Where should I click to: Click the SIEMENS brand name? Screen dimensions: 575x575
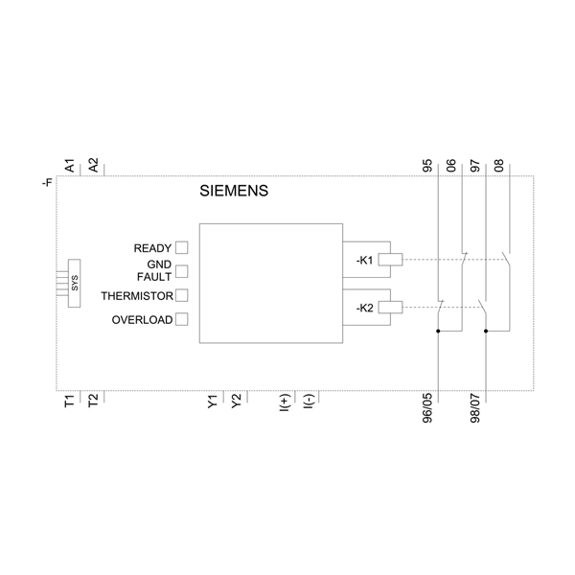coord(234,191)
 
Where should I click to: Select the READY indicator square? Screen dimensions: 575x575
coord(181,248)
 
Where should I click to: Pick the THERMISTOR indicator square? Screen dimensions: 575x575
coord(181,295)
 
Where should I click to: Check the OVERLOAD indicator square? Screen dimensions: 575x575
coord(181,320)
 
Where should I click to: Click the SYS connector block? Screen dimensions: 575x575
coord(73,283)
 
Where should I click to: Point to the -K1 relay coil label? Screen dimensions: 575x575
coord(364,259)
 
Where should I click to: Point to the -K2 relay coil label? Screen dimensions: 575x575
coord(364,308)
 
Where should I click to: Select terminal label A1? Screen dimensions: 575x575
coord(69,165)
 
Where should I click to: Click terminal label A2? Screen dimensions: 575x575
coord(93,165)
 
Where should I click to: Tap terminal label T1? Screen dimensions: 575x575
coord(69,402)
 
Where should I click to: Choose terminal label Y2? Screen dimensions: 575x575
coord(236,402)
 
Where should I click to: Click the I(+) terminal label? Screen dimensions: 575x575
coord(284,404)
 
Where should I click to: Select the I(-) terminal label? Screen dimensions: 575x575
coord(308,404)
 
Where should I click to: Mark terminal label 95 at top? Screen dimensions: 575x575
coord(427,165)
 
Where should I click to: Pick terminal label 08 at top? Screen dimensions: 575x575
coord(498,165)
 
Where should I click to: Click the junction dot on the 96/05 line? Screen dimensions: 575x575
coord(438,332)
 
